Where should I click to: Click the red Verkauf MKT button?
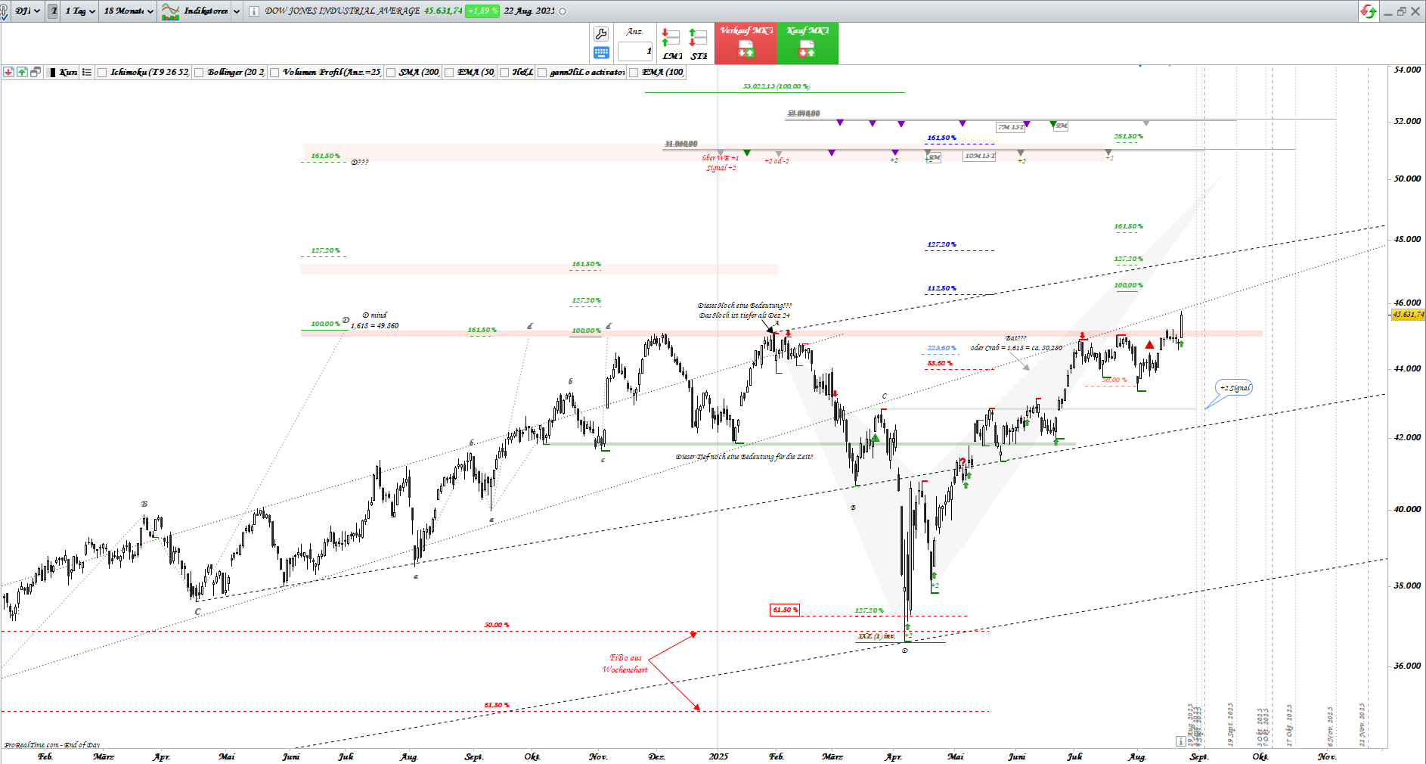click(x=746, y=43)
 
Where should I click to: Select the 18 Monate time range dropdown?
click(x=129, y=11)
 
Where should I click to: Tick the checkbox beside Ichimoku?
click(x=103, y=73)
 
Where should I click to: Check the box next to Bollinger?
click(x=200, y=73)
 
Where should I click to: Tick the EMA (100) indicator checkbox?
click(x=634, y=73)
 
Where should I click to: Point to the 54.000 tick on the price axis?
click(x=1406, y=70)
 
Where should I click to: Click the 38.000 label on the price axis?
click(x=1406, y=585)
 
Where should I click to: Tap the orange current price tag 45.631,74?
click(x=1408, y=315)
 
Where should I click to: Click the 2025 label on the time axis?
click(x=718, y=756)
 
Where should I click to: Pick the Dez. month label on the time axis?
click(x=656, y=756)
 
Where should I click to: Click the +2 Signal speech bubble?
click(x=1234, y=388)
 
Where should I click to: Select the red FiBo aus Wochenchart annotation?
click(x=625, y=663)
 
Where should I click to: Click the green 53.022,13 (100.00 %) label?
click(x=776, y=86)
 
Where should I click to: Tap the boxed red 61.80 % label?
click(x=785, y=610)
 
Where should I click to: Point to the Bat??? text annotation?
click(x=1015, y=338)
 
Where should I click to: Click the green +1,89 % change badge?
click(x=482, y=11)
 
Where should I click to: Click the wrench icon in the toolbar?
click(x=601, y=33)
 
